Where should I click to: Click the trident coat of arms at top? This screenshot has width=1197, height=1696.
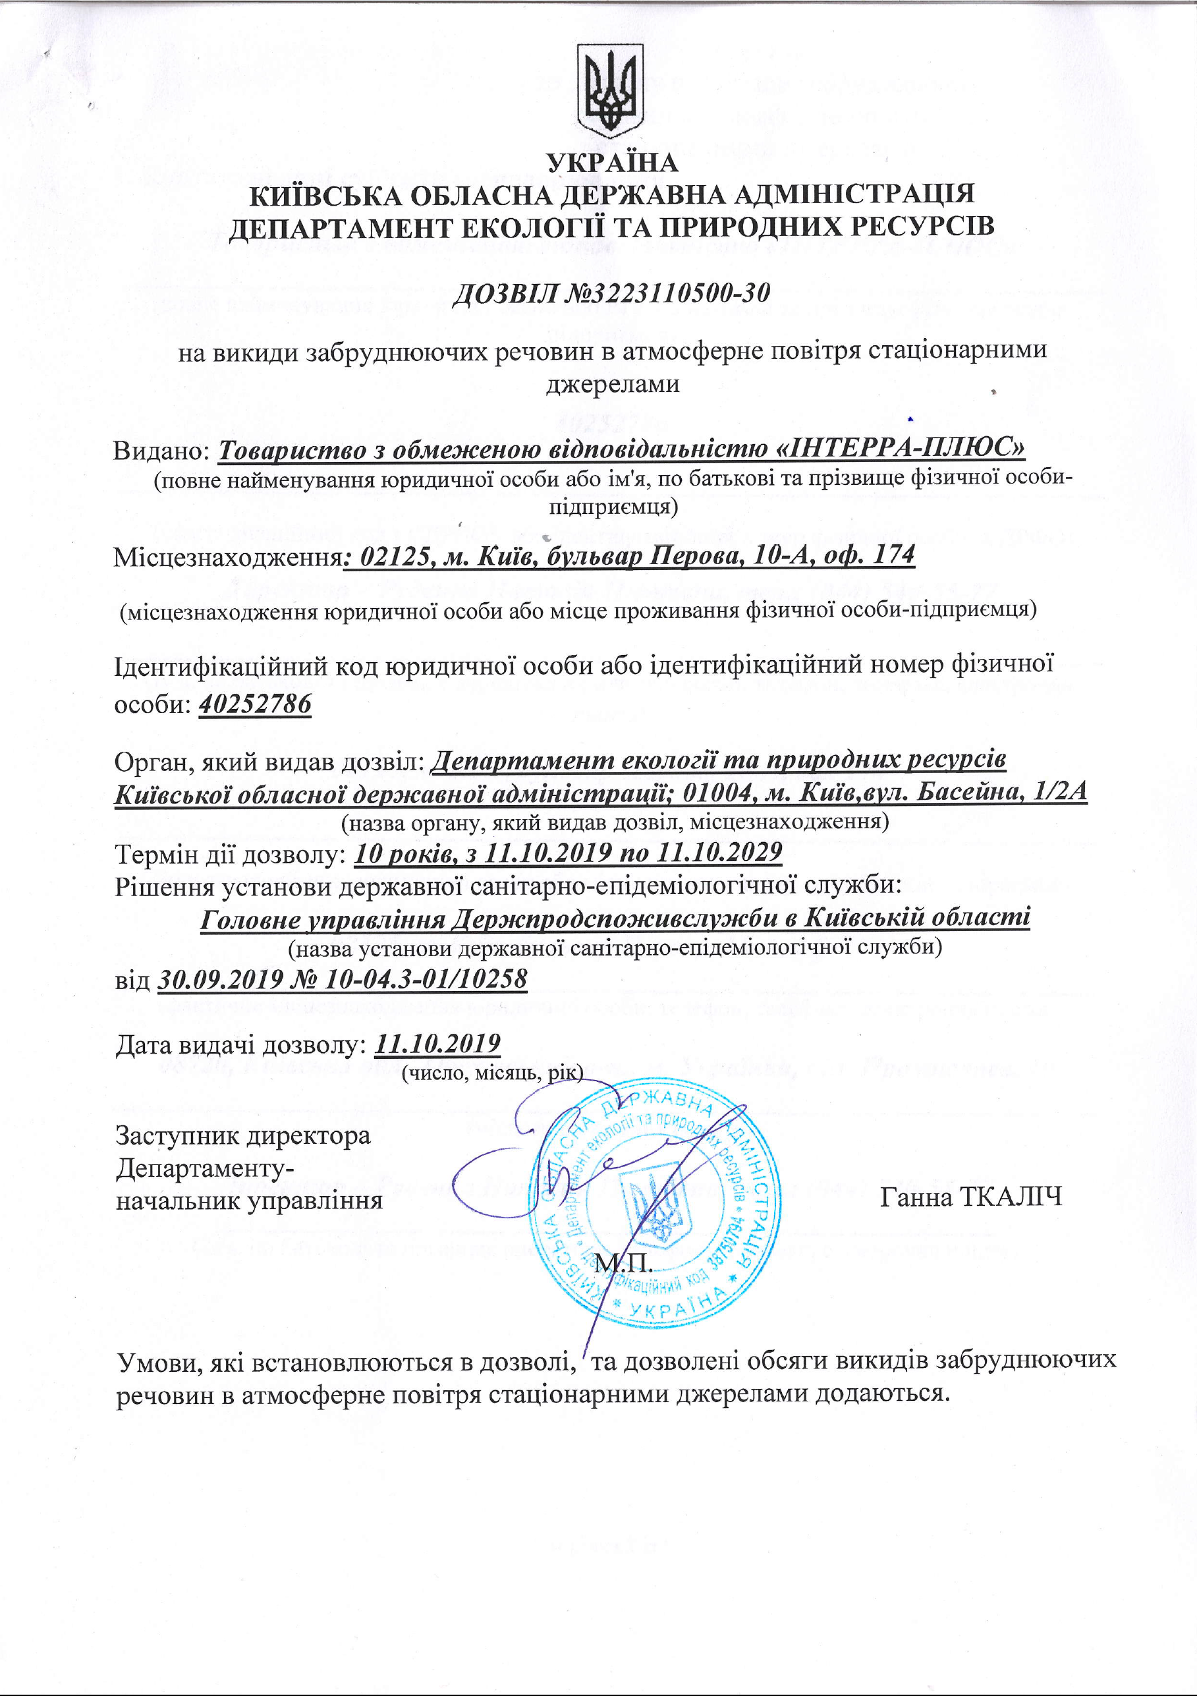609,90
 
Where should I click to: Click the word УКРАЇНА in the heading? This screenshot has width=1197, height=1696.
611,163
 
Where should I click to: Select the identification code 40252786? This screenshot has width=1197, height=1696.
255,704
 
